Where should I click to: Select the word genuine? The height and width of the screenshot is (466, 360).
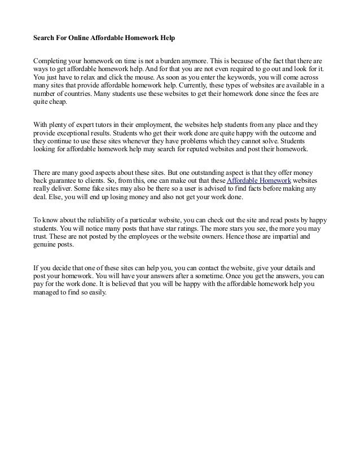[46, 245]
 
